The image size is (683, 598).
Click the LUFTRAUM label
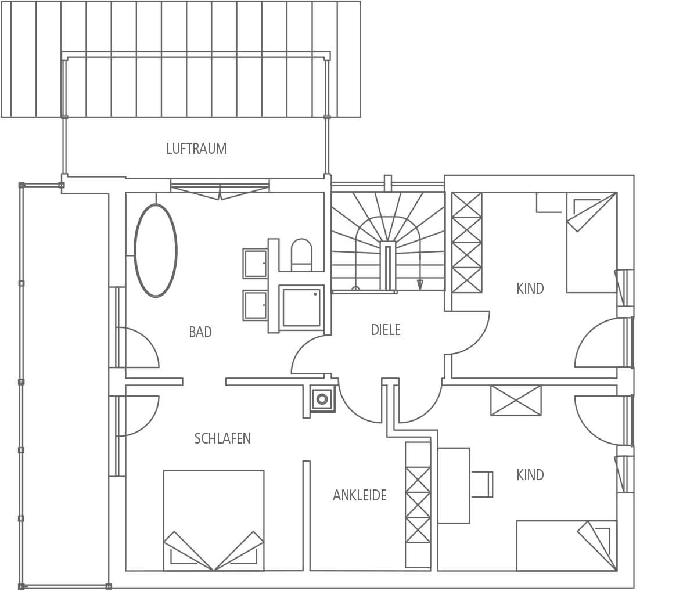(x=196, y=149)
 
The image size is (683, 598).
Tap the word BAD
(x=200, y=332)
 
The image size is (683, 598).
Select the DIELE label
(x=386, y=330)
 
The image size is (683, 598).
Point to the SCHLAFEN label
(x=222, y=438)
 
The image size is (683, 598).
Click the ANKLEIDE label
(x=360, y=495)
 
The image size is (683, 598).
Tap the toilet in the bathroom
(x=301, y=254)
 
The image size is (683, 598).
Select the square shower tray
(x=301, y=306)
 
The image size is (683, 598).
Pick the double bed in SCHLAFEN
(x=214, y=520)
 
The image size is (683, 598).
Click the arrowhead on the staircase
(x=420, y=285)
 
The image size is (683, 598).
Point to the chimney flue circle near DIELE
(x=322, y=398)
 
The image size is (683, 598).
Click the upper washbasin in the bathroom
(x=256, y=264)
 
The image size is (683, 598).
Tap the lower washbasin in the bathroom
(x=256, y=305)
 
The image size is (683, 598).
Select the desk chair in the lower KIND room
(x=481, y=484)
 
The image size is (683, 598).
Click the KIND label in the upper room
(x=530, y=289)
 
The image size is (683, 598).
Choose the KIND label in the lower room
(x=530, y=475)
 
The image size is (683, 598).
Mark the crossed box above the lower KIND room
(x=516, y=400)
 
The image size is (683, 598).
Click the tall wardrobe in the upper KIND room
(x=467, y=243)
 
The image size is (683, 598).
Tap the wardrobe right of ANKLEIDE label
(x=418, y=505)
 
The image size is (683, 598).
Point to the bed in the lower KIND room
(x=567, y=546)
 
